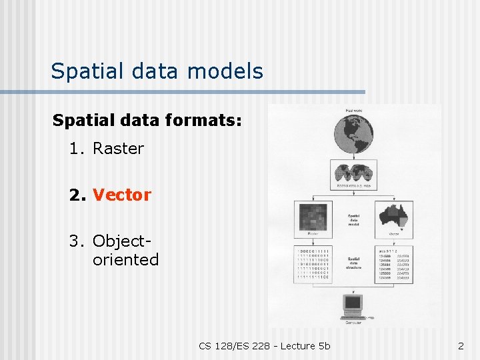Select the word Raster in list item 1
[118, 149]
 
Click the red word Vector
[122, 195]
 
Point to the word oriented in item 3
[125, 259]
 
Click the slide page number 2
[461, 346]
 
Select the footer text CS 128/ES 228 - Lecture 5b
[264, 346]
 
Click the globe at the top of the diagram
[354, 137]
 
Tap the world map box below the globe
[354, 175]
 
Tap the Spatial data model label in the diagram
[354, 220]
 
